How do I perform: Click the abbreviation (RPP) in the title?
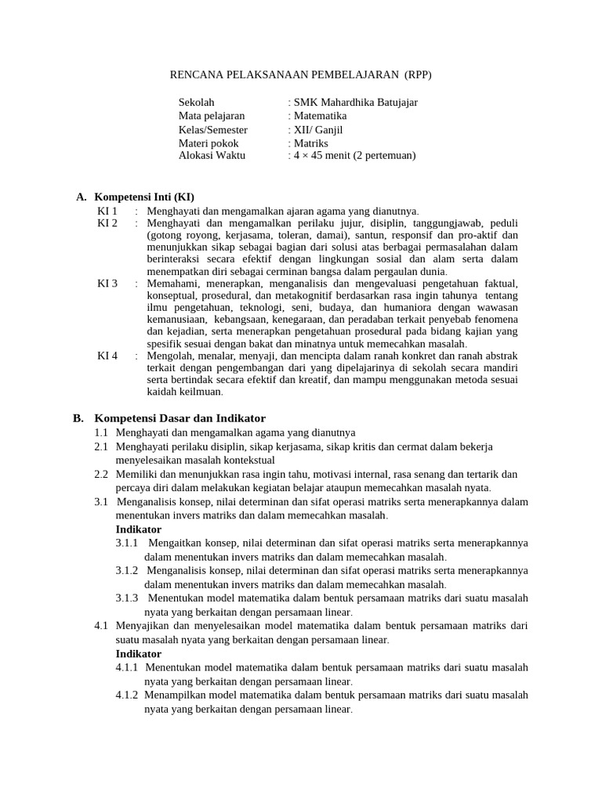click(x=418, y=74)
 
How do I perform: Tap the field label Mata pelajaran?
click(x=212, y=116)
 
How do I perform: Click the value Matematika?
click(x=320, y=116)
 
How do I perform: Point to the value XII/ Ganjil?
click(x=318, y=130)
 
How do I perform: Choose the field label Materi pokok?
click(x=209, y=143)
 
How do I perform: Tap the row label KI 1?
click(x=107, y=211)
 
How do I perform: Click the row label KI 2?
click(x=107, y=223)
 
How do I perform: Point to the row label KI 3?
click(x=107, y=283)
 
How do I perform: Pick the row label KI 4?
click(x=107, y=356)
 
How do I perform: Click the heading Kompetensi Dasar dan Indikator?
click(x=180, y=418)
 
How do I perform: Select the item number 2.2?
click(x=101, y=475)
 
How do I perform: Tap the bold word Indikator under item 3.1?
click(x=139, y=529)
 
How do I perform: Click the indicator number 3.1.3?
click(x=127, y=598)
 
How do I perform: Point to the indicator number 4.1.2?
click(x=127, y=695)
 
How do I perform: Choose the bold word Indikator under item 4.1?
click(x=139, y=653)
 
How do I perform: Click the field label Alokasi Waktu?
click(x=212, y=155)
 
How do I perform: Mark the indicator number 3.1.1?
click(x=127, y=543)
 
